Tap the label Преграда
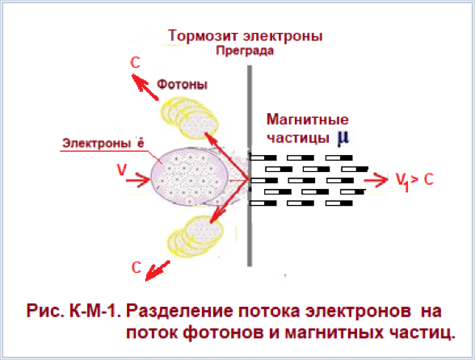coord(245,51)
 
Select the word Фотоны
coord(182,85)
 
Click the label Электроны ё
coord(103,143)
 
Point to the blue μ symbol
coord(343,138)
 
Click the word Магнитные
coord(308,119)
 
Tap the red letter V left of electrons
coord(121,170)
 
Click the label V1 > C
coord(414,181)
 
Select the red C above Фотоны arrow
coord(135,63)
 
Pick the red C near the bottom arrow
coord(137,268)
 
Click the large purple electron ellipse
coord(189,177)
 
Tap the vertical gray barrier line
coord(250,166)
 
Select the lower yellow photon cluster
coord(195,237)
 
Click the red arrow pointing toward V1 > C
coord(376,179)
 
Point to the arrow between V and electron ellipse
coord(138,180)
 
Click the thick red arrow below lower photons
coord(158,270)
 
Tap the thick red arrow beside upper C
coord(145,87)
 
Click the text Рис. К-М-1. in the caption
coord(74,311)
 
